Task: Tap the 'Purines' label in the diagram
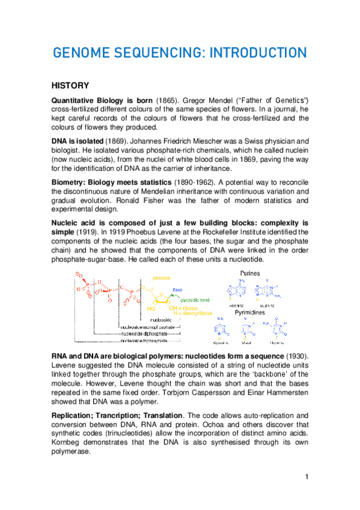246,273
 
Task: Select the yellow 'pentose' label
160,278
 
